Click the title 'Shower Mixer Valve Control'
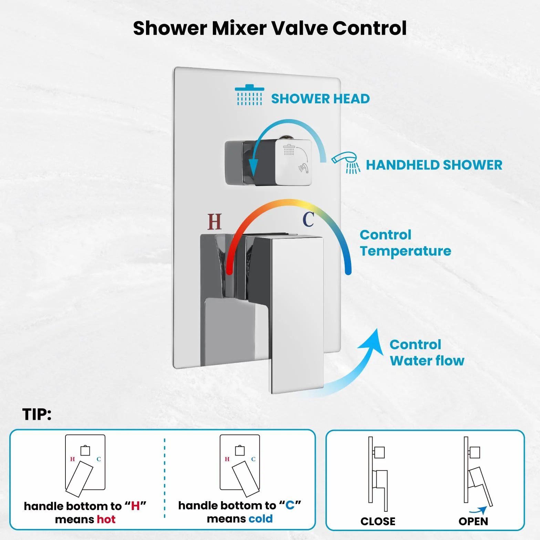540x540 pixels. [270, 28]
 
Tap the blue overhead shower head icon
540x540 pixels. [249, 95]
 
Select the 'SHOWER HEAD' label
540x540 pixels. [320, 99]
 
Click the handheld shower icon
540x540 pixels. [346, 163]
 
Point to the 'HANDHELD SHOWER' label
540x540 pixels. [434, 165]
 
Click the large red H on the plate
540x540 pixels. [215, 221]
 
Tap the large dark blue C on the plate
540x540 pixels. [309, 219]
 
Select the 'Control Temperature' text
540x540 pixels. [405, 243]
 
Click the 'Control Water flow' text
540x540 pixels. [427, 353]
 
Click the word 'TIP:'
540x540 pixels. [37, 414]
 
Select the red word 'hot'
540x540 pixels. [106, 519]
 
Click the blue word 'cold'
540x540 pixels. [260, 519]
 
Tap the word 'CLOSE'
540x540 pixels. [378, 521]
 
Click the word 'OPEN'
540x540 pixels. [473, 521]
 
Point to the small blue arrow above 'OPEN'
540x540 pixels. [479, 511]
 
